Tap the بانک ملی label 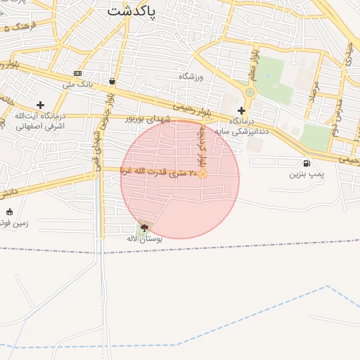[78, 85]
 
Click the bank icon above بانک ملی [77, 74]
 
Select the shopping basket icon [112, 81]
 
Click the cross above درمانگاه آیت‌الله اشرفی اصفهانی [40, 105]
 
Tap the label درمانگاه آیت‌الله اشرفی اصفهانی [39, 121]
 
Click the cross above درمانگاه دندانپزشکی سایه [241, 110]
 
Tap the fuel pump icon [306, 163]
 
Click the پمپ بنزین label [307, 174]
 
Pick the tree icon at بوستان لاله [145, 227]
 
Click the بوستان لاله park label [144, 239]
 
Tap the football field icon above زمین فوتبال [9, 212]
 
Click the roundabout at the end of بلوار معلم [249, 92]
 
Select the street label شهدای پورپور [148, 119]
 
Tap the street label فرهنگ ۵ [20, 28]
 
